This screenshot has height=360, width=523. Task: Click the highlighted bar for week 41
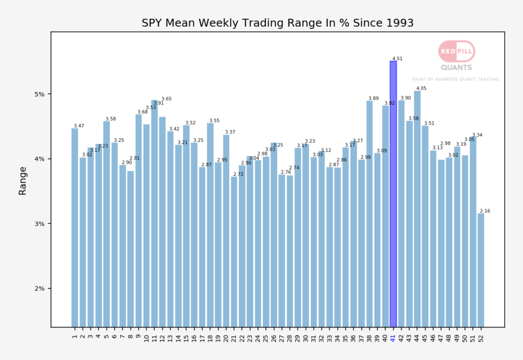point(393,194)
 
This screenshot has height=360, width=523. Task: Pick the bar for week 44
point(417,209)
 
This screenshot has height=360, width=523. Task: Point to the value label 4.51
point(397,59)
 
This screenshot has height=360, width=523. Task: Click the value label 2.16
point(484,211)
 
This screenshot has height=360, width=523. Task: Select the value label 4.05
point(422,88)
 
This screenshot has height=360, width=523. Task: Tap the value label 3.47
point(79,126)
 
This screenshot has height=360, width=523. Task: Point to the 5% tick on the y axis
point(40,94)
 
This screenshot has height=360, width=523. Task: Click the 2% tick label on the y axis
point(40,288)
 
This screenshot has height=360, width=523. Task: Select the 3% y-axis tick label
point(40,223)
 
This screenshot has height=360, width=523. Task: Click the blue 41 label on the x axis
point(393,337)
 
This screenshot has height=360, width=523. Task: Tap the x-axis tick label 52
point(481,337)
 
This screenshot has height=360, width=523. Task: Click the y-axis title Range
point(22,181)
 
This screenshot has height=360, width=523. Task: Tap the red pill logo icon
point(456,51)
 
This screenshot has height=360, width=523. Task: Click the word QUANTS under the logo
point(456,67)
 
